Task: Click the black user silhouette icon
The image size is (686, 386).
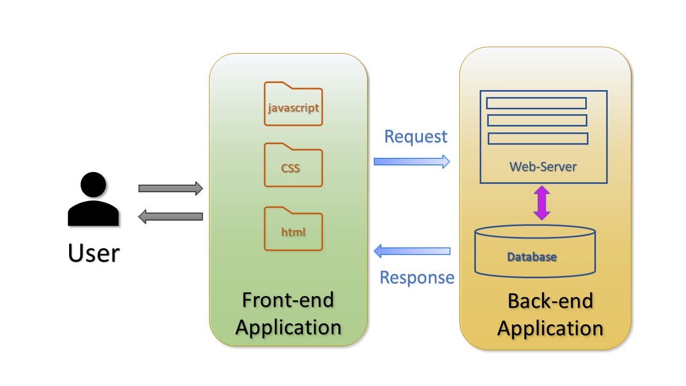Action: tap(93, 201)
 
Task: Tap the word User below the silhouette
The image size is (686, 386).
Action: tap(93, 253)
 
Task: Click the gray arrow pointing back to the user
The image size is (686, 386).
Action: tap(170, 217)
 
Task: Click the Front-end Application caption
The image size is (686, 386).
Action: tap(288, 313)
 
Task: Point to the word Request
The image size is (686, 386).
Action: tap(415, 136)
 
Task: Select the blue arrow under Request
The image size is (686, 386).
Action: tap(412, 161)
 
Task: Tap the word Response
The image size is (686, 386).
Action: tap(416, 277)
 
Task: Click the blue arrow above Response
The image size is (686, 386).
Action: tap(412, 250)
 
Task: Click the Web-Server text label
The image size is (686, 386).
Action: tap(542, 166)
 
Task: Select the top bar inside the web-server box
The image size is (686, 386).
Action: tap(536, 103)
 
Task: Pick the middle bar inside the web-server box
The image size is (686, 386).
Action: tap(536, 120)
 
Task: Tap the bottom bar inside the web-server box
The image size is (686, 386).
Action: tap(538, 138)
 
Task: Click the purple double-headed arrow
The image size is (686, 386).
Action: tap(542, 203)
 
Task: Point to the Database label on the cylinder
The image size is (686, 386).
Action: tap(532, 257)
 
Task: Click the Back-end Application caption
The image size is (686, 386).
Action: tap(550, 314)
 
